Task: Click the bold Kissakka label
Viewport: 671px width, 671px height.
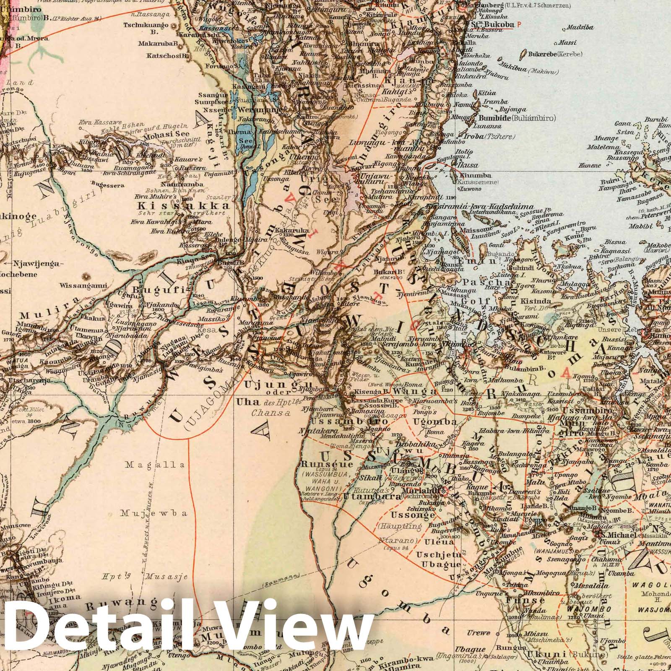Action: (184, 206)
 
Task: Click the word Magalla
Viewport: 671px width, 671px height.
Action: (156, 465)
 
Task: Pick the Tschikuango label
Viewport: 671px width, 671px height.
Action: (146, 25)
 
